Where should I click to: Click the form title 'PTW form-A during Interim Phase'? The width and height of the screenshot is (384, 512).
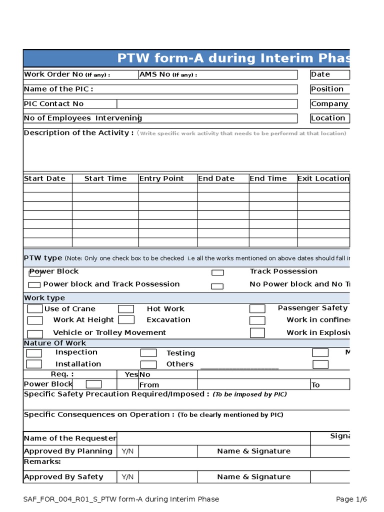click(x=233, y=58)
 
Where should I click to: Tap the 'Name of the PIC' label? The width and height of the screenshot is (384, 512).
click(x=58, y=89)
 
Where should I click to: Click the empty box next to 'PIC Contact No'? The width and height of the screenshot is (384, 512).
click(x=207, y=104)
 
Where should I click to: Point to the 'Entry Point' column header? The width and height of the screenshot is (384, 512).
click(x=161, y=178)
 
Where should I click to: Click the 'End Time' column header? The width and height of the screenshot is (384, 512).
click(x=268, y=178)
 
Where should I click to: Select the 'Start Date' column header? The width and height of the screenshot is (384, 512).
click(x=44, y=178)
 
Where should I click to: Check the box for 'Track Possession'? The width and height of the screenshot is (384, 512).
click(x=217, y=272)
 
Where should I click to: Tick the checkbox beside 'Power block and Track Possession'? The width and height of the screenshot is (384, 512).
click(x=34, y=285)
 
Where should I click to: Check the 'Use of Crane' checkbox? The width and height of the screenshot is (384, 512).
click(x=35, y=309)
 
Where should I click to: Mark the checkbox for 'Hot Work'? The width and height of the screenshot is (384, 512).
click(x=126, y=309)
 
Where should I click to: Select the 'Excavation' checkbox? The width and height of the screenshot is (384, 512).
click(x=126, y=320)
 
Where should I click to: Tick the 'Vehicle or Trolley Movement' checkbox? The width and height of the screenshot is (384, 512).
click(x=35, y=333)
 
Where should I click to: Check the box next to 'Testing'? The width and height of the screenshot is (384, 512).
click(x=148, y=353)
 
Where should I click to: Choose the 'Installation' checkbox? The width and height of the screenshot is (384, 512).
click(x=34, y=364)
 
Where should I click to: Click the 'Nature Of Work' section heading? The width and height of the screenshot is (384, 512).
click(x=55, y=343)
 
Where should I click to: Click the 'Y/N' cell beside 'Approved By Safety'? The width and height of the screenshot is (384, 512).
click(x=127, y=477)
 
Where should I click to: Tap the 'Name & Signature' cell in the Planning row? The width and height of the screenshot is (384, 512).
click(x=253, y=451)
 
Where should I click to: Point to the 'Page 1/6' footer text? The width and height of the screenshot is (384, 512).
click(x=351, y=499)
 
